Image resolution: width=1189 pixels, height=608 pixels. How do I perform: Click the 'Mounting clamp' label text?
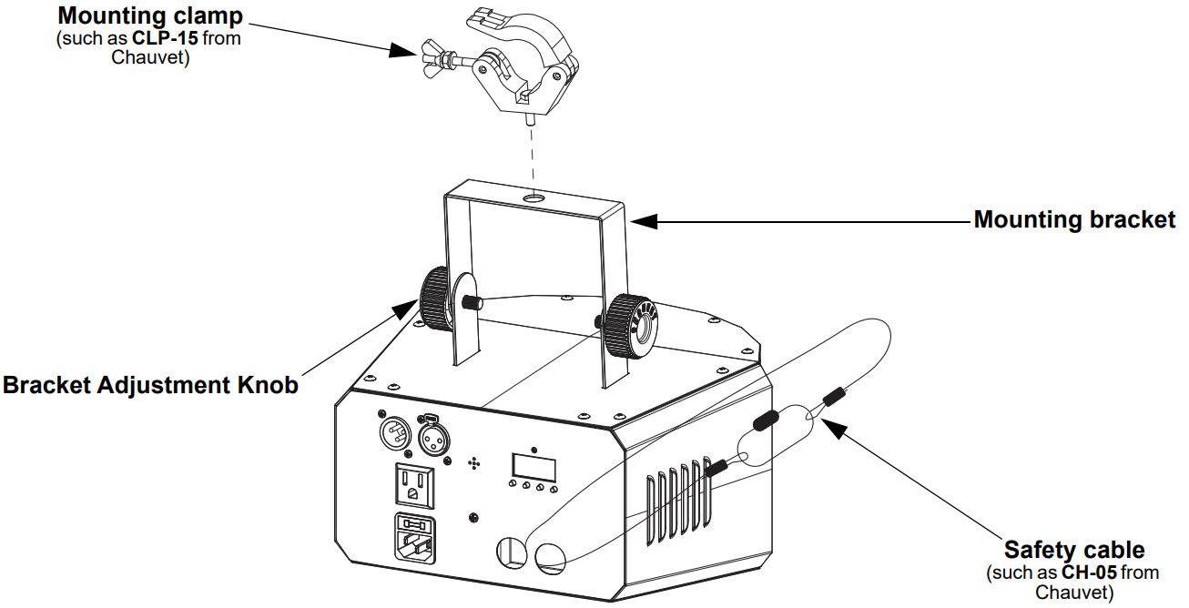pos(150,15)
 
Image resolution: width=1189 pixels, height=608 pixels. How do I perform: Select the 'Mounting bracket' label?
pos(1074,219)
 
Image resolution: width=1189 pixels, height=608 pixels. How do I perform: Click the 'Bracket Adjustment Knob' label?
pos(150,385)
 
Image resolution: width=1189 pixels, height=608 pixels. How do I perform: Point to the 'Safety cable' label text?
pos(1074,550)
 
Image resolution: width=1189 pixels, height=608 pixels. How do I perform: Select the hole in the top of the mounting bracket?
pos(534,198)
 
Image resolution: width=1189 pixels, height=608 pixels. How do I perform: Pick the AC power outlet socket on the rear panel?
pos(413,485)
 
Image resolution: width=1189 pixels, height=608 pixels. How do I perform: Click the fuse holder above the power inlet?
pos(413,525)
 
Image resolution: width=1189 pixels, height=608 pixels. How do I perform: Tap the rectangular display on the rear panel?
pos(534,466)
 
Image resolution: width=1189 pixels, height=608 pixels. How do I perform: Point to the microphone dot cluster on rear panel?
pos(473,463)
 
